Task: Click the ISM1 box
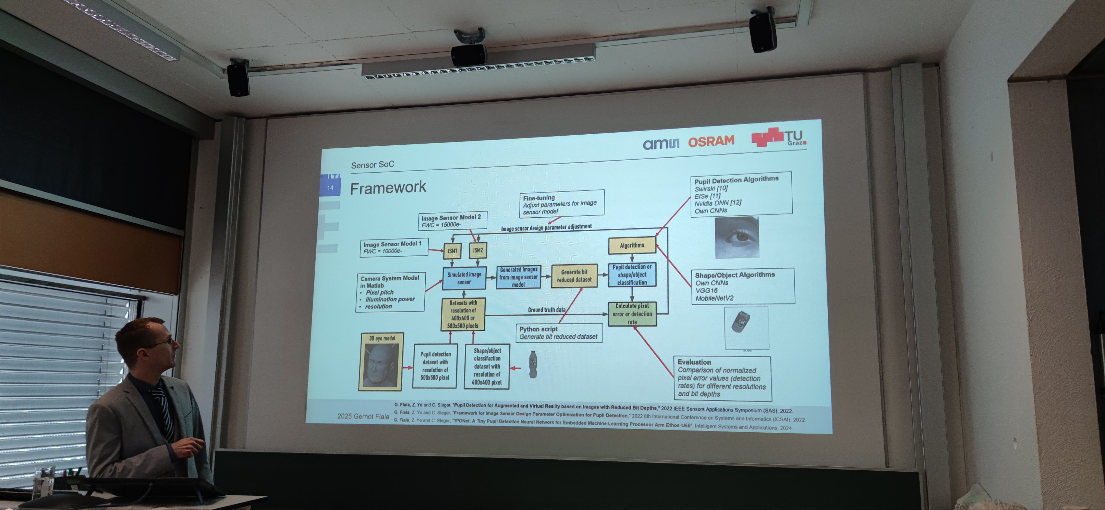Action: point(452,251)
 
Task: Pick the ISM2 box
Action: point(478,250)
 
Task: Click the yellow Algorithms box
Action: point(632,245)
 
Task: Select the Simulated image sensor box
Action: point(464,278)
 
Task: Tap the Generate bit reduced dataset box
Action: point(574,276)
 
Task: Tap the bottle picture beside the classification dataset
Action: point(533,365)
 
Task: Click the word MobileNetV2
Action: point(714,298)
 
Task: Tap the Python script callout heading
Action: point(538,329)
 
